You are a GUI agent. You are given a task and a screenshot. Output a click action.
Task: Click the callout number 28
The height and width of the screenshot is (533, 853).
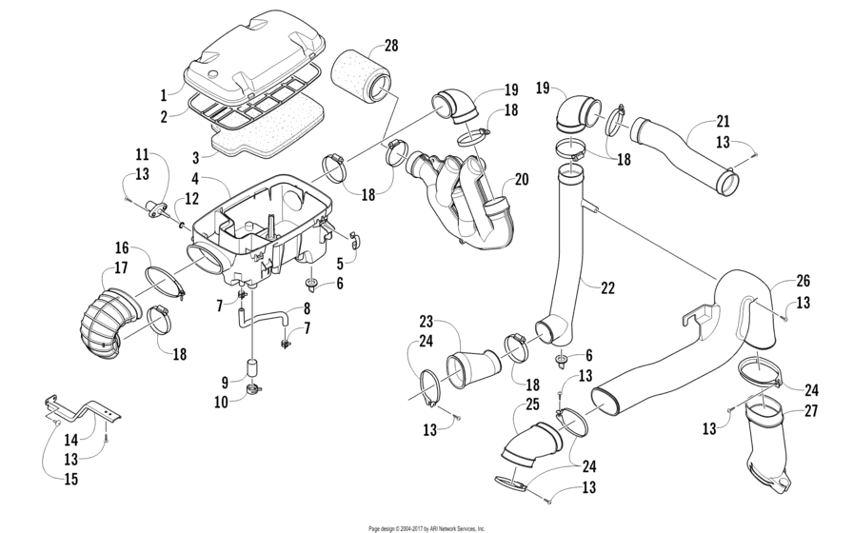390,46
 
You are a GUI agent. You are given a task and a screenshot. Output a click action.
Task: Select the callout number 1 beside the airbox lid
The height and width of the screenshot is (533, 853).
163,95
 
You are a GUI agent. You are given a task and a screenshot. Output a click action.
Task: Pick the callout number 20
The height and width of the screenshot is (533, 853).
521,178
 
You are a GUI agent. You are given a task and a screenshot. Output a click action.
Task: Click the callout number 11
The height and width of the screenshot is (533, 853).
142,154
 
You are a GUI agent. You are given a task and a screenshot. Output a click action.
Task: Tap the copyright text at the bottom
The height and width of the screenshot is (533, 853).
426,527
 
